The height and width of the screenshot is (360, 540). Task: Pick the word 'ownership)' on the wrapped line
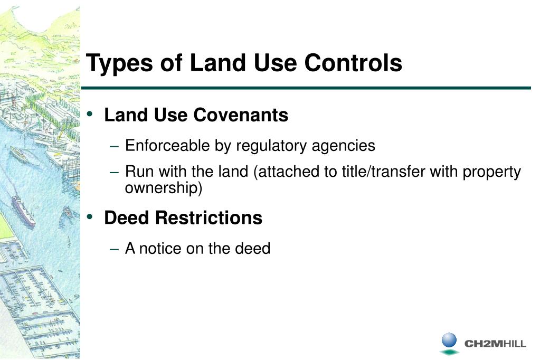(164, 188)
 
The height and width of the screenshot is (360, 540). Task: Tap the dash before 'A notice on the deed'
(117, 249)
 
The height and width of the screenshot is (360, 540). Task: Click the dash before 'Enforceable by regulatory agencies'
(117, 146)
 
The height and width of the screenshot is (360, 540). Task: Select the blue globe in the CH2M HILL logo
(449, 339)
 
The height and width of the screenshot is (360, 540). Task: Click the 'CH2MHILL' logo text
(495, 344)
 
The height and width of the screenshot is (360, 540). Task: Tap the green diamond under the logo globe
(449, 352)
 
